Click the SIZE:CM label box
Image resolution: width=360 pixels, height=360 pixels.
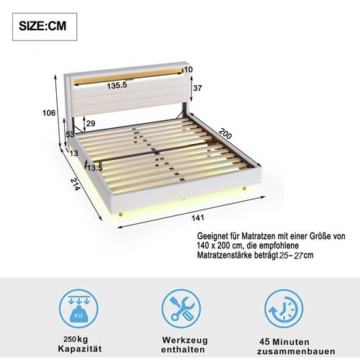click(x=45, y=27)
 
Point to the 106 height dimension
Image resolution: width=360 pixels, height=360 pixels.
click(x=48, y=112)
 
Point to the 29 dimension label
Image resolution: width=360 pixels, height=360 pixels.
click(x=90, y=124)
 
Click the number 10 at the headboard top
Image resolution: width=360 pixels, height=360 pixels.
click(x=189, y=70)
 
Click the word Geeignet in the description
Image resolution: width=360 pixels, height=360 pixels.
click(x=214, y=235)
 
